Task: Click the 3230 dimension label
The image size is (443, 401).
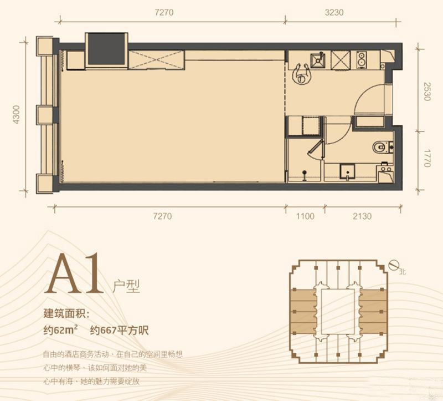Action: (334, 12)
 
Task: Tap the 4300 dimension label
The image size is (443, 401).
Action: (17, 114)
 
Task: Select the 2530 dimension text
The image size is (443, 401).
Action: (426, 92)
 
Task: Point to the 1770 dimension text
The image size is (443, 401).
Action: (426, 158)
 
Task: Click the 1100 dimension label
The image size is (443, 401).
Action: (305, 216)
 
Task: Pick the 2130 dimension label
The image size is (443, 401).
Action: (362, 216)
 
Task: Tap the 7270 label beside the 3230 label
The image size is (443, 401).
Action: (164, 12)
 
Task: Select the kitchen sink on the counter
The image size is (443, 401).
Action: (318, 60)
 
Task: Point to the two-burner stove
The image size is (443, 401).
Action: (361, 60)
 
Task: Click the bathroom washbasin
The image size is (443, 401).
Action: (347, 171)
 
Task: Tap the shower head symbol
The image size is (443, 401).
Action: (304, 175)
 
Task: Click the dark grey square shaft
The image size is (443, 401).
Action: (106, 49)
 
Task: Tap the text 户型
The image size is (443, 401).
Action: (126, 286)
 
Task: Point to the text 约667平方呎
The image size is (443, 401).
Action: (119, 330)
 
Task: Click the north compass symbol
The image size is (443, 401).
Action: (393, 266)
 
